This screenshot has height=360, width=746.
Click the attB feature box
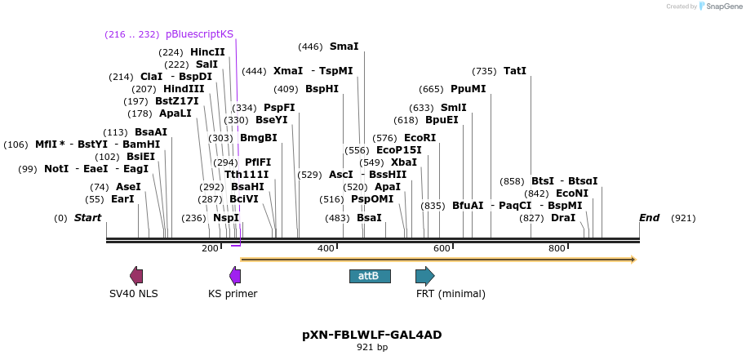coord(370,276)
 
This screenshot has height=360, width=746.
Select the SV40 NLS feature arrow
coord(136,276)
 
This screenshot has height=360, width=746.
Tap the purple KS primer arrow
coord(235,276)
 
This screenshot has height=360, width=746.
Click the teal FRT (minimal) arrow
coord(424,276)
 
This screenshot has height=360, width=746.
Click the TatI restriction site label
coord(515,71)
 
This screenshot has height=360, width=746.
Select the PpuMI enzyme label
coord(468,89)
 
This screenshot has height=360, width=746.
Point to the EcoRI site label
coord(420,138)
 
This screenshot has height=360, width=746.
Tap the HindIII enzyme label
coord(184,89)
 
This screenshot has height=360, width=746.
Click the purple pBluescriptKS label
coord(199,34)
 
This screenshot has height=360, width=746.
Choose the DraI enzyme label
coord(562,218)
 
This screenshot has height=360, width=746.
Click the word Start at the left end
coord(87,218)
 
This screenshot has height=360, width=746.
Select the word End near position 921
coord(649,218)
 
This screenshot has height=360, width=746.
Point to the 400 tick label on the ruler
coord(326,248)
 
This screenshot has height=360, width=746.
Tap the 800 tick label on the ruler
coord(557,248)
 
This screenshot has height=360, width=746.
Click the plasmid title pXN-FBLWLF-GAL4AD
coord(372,335)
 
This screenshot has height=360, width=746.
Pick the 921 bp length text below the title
coord(372,348)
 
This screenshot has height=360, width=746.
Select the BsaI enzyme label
coord(369,218)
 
